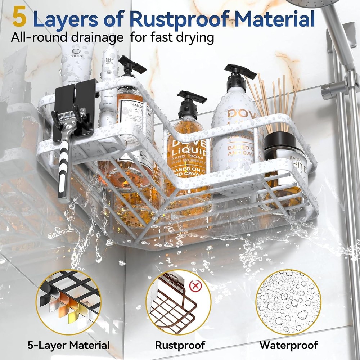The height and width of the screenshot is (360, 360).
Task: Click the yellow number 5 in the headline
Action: tap(19, 18)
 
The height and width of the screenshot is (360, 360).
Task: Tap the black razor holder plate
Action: tap(74, 108)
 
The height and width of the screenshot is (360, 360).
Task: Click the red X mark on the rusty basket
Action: tap(195, 287)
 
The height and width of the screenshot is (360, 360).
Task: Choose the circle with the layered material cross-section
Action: tap(68, 302)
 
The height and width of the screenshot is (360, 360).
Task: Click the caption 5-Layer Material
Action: tap(68, 345)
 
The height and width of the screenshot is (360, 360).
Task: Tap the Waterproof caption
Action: tap(289, 345)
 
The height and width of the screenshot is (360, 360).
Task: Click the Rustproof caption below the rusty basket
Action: tap(180, 345)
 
